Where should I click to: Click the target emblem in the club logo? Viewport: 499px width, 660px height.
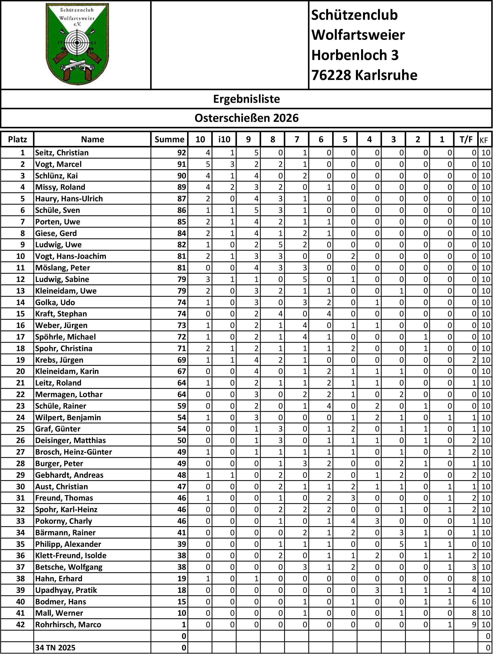[77, 43]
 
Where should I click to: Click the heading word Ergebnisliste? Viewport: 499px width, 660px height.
[247, 99]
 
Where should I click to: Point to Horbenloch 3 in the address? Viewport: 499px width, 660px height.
[355, 55]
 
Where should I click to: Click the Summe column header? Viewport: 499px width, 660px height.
[169, 139]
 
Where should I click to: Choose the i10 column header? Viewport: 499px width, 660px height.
[224, 139]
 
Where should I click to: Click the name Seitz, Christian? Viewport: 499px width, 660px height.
[62, 153]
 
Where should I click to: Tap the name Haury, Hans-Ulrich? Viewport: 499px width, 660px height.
[69, 199]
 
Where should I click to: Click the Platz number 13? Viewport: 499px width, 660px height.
[20, 291]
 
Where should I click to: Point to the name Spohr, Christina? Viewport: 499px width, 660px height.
[64, 348]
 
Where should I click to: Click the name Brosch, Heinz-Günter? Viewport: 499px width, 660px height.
[74, 452]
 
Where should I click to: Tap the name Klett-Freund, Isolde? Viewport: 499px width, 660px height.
[71, 555]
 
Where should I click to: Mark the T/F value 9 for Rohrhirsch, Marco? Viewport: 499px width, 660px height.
[474, 625]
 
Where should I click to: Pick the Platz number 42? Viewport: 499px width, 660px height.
[20, 625]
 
